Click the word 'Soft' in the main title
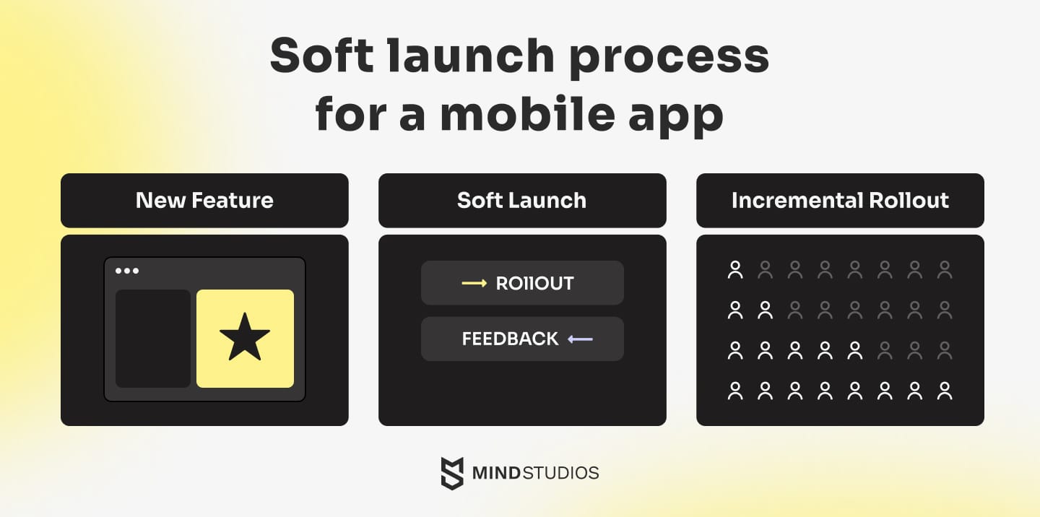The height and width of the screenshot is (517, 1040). point(322,55)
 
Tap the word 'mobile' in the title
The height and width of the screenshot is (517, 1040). point(527,113)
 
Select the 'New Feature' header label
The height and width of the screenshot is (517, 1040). point(204,201)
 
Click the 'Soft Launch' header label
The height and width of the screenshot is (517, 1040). point(522,201)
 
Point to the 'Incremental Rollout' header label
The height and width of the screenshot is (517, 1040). point(840,201)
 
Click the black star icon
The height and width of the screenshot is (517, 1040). point(245,338)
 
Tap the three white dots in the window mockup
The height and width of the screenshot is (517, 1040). point(127,271)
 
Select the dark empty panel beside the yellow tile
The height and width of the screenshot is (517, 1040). point(153,339)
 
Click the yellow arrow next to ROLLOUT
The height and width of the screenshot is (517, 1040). point(474,283)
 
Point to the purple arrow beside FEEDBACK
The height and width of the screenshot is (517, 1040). point(581,339)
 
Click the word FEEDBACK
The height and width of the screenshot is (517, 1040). point(510,339)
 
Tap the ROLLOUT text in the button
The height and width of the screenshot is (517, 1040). point(535,283)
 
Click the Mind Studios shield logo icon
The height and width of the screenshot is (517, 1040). point(452,474)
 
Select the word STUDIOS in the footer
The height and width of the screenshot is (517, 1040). point(561,473)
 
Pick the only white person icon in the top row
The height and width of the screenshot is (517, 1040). point(735,269)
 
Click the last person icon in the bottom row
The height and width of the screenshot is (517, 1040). point(945,391)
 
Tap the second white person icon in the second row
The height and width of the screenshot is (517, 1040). point(765,310)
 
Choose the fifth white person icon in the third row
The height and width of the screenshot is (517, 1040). point(855,350)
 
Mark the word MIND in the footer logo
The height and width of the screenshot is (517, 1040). point(496,473)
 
